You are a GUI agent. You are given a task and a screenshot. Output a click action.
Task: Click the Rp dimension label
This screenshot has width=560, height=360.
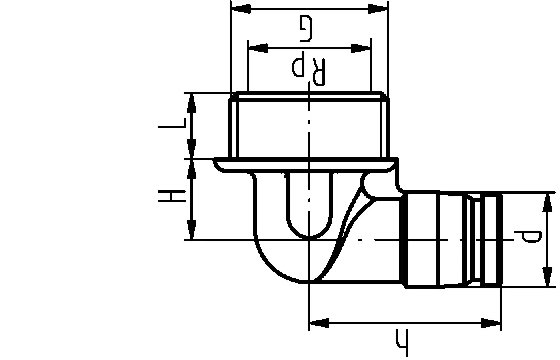coord(309,68)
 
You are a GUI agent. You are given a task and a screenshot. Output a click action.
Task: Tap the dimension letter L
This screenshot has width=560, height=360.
coord(172,123)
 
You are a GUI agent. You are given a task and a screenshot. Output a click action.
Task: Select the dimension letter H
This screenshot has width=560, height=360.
coord(172,196)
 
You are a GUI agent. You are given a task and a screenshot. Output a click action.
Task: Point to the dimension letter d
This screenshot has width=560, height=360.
coord(528,236)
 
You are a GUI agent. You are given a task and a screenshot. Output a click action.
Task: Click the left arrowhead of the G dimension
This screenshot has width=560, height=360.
coord(240,9)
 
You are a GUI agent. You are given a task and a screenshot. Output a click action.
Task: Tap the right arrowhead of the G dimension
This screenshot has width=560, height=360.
coord(378,9)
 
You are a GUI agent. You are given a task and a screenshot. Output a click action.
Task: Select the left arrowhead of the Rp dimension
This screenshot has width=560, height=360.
coord(258,48)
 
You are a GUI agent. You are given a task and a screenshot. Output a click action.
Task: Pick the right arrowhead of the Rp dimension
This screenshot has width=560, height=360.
coord(360,48)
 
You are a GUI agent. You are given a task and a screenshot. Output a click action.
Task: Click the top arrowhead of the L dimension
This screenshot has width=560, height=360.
coord(192,103)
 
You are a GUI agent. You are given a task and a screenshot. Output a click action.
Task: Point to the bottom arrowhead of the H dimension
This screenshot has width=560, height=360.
coord(192,230)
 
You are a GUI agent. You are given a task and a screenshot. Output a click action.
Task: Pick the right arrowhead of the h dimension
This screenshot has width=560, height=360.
coord(491,323)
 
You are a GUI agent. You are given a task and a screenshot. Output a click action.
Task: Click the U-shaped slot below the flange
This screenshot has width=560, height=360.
coord(309,204)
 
